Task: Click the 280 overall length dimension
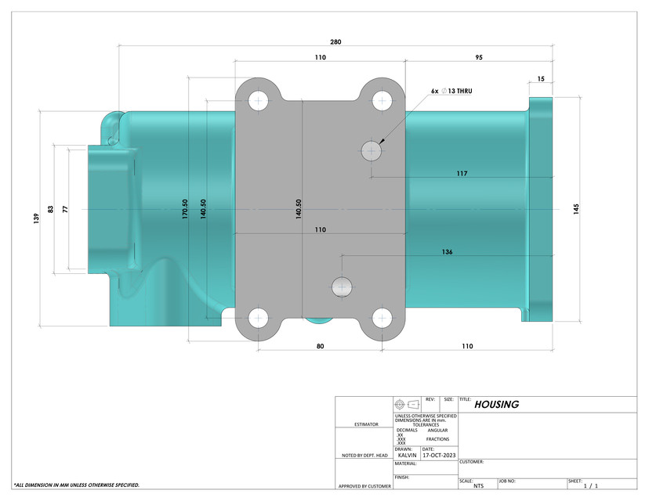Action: [335, 41]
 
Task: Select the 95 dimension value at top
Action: [478, 58]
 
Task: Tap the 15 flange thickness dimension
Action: [541, 79]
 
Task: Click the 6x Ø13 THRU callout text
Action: [451, 91]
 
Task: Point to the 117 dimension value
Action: [462, 173]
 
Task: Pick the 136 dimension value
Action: [447, 252]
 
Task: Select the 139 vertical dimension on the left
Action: [36, 219]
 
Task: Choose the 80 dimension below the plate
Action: [320, 346]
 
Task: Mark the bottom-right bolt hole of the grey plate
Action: [382, 317]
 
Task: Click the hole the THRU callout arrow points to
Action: [370, 150]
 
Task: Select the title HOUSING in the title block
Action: [497, 405]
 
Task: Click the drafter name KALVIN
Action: [408, 454]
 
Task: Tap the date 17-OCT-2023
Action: [438, 454]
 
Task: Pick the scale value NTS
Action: [479, 485]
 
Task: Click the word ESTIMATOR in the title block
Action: [365, 424]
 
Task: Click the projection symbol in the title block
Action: [405, 405]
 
